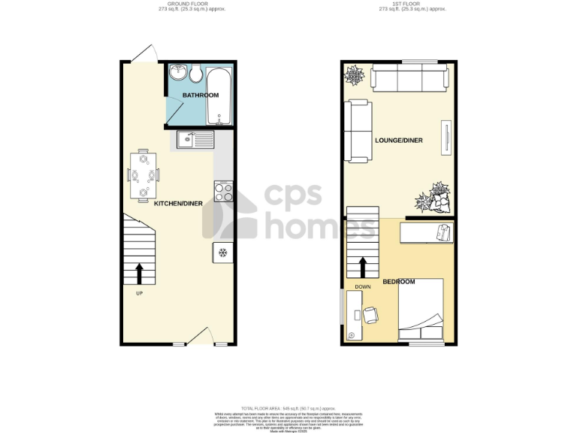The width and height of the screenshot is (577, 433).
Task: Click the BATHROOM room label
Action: tap(201, 95)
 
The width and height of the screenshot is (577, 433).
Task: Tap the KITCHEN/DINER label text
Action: tap(178, 204)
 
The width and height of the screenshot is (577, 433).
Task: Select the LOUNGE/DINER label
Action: tap(398, 141)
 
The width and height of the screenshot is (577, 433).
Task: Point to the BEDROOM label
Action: tap(398, 282)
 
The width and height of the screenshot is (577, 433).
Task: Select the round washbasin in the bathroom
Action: tap(177, 73)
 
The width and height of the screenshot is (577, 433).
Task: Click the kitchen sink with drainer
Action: tap(195, 139)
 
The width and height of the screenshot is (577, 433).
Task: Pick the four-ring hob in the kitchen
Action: tap(223, 191)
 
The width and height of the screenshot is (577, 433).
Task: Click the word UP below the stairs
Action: tap(139, 293)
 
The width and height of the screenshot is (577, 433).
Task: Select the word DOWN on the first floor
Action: tap(362, 286)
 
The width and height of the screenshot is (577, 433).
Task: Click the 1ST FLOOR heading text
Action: tap(412, 4)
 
